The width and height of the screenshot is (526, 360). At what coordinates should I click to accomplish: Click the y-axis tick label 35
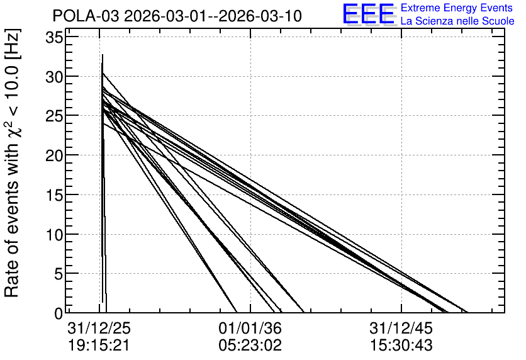tap(54, 38)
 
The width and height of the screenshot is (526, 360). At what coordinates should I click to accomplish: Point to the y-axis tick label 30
tap(54, 77)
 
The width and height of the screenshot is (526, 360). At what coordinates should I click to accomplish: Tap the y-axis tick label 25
tap(54, 116)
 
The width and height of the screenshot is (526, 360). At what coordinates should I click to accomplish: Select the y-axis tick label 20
tap(54, 155)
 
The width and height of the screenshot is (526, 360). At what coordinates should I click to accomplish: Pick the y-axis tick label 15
tap(54, 195)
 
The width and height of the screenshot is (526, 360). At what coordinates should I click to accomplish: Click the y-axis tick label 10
tap(54, 235)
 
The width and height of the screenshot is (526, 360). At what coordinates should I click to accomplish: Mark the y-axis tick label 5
tap(59, 274)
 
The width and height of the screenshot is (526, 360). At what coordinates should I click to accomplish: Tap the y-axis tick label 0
tap(59, 314)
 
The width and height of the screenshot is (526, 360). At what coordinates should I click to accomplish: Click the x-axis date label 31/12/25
tap(99, 329)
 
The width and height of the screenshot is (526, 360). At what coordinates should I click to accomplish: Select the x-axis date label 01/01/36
tap(250, 329)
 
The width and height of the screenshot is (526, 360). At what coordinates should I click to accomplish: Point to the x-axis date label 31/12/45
tap(401, 329)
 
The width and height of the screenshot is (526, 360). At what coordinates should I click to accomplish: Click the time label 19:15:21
tap(99, 346)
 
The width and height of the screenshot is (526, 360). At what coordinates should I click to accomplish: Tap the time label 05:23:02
tap(250, 346)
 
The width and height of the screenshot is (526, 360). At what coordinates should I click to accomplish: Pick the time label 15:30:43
tap(401, 346)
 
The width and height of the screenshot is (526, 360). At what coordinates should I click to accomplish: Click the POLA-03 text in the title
tap(86, 16)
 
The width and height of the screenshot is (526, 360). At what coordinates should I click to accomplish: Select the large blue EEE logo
tap(369, 14)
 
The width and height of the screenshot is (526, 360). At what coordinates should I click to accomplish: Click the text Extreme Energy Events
tap(457, 8)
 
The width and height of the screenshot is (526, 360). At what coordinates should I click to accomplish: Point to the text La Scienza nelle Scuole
tap(457, 21)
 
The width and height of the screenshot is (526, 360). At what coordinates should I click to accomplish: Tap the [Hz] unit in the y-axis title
tap(13, 44)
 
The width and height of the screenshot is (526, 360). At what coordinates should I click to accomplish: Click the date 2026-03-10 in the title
tap(260, 16)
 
